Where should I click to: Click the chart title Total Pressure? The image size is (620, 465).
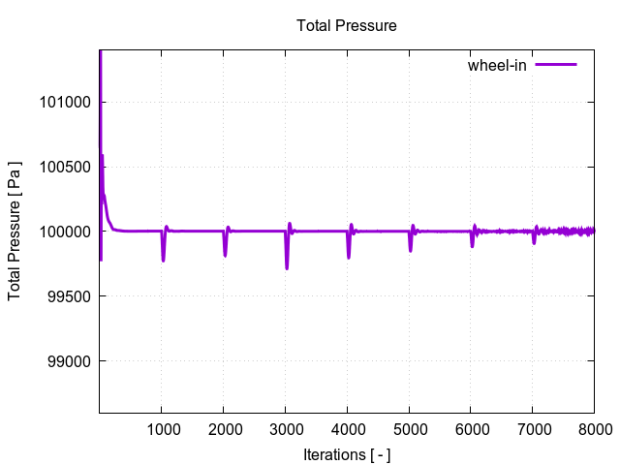click(x=346, y=26)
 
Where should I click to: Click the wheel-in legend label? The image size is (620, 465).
click(x=497, y=65)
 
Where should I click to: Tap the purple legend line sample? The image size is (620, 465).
click(x=556, y=65)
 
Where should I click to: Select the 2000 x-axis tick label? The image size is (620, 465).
click(x=223, y=429)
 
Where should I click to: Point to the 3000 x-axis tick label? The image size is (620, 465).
click(x=285, y=429)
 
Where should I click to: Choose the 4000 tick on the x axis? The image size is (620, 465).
click(x=347, y=429)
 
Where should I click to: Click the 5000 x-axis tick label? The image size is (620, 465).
click(x=409, y=429)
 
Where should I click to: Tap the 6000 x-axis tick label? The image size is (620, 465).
click(x=471, y=429)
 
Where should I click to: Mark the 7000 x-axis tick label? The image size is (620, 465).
click(x=533, y=429)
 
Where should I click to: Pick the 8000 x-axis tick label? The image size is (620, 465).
click(x=593, y=429)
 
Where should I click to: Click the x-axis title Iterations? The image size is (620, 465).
click(x=346, y=454)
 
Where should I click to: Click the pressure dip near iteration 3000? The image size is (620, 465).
click(x=287, y=265)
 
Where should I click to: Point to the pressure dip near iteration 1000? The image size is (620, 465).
click(x=163, y=258)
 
